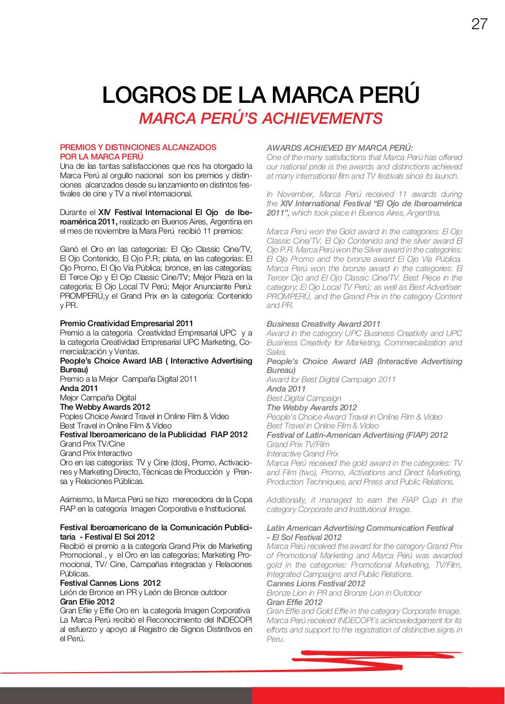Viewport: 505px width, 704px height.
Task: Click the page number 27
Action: point(479,24)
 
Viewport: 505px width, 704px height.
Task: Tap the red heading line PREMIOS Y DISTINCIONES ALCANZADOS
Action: point(138,147)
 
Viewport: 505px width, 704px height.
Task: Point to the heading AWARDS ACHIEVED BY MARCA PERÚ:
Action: point(339,147)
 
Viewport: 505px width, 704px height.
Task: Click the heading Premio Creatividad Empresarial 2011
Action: point(127,323)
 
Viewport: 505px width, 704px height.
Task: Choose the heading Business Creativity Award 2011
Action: point(323,324)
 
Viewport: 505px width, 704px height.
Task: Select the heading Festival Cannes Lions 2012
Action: point(110,583)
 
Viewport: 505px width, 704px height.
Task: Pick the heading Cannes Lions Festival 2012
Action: point(316,584)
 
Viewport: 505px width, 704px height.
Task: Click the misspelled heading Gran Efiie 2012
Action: point(87,602)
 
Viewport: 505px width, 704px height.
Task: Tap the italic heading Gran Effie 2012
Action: point(294,602)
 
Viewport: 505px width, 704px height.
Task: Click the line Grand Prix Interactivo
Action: point(96,453)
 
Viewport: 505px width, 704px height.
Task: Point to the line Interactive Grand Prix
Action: point(303,454)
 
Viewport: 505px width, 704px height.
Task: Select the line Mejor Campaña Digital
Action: point(98,398)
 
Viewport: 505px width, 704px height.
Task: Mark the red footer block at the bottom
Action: point(378,695)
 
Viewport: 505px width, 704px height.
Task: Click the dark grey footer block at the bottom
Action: point(126,695)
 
